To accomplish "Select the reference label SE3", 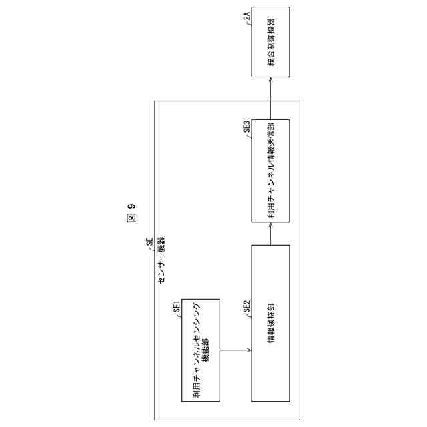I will pos(247,126).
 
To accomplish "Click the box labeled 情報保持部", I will pos(271,322).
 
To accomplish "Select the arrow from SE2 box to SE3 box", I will pos(271,234).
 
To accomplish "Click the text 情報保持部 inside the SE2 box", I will pos(271,322).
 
